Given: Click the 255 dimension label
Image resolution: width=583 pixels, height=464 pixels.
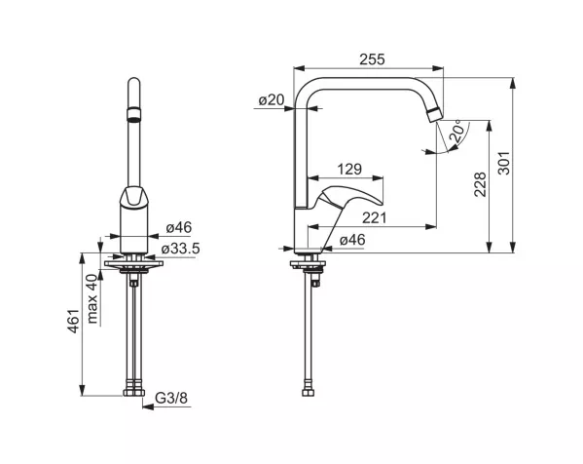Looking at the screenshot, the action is pyautogui.click(x=372, y=59).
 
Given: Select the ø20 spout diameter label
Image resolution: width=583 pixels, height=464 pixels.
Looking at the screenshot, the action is pyautogui.click(x=272, y=99).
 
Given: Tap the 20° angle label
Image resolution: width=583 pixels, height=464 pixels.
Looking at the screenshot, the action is pyautogui.click(x=458, y=131).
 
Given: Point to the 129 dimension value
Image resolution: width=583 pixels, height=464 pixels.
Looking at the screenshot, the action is pyautogui.click(x=349, y=169).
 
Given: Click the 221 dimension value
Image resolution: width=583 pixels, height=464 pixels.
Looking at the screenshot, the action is pyautogui.click(x=375, y=217).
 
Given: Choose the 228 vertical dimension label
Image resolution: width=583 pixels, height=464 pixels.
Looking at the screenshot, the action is pyautogui.click(x=480, y=184).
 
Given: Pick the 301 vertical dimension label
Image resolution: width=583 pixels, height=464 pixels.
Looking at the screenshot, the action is pyautogui.click(x=504, y=163).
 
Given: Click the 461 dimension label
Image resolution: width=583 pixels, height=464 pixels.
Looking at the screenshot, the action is pyautogui.click(x=73, y=321).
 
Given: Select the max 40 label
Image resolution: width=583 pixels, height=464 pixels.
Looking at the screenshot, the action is pyautogui.click(x=91, y=298).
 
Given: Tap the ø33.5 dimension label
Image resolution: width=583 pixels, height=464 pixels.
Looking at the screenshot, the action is pyautogui.click(x=181, y=249).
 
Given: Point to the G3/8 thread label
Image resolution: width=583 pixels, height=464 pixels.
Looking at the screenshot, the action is pyautogui.click(x=171, y=398).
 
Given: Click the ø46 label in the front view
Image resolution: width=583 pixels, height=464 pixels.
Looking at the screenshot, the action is pyautogui.click(x=179, y=227).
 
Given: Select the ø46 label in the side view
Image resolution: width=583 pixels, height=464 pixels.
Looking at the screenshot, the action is pyautogui.click(x=352, y=240).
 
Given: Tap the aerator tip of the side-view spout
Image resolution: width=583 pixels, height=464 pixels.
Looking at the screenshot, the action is pyautogui.click(x=434, y=114).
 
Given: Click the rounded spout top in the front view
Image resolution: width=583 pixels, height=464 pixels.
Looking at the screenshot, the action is pyautogui.click(x=134, y=84).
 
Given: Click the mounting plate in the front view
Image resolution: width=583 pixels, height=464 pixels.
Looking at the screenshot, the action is pyautogui.click(x=134, y=263).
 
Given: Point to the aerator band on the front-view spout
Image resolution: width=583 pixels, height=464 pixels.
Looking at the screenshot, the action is pyautogui.click(x=134, y=114).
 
